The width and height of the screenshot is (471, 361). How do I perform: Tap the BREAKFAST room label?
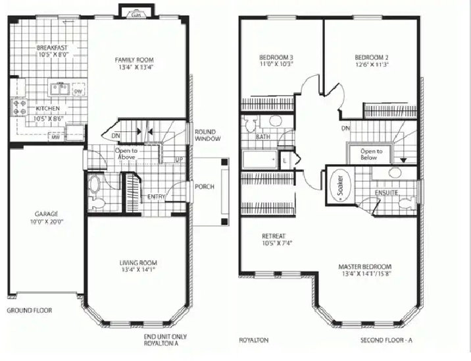pos(53,48)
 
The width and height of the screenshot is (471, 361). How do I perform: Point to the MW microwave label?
pos(57,137)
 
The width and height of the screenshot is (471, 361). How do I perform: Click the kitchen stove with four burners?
pos(16,107)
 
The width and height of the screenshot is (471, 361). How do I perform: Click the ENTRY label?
pos(157,196)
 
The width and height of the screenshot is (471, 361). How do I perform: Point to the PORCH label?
pos(204,186)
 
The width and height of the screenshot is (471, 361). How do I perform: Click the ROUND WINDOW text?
pos(207,134)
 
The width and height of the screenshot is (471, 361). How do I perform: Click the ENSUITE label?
pos(386,193)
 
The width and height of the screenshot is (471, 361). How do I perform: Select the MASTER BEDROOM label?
pos(365,267)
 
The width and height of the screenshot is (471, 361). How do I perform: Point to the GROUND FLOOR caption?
pos(30,310)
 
